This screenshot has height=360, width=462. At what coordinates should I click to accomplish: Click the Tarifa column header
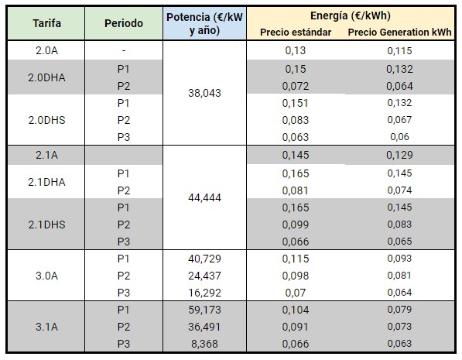[47, 23]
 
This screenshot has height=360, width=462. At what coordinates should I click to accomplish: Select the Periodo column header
[124, 23]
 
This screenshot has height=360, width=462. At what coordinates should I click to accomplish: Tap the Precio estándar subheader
[296, 33]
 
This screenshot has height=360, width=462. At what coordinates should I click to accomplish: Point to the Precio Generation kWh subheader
[399, 33]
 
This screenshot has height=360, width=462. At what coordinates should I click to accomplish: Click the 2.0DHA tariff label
[47, 77]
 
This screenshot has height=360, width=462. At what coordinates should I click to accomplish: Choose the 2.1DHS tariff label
[47, 225]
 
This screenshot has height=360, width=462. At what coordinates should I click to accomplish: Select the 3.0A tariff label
[47, 276]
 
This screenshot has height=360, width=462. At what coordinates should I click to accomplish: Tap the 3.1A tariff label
[47, 327]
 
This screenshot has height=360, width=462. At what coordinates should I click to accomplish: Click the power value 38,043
[204, 93]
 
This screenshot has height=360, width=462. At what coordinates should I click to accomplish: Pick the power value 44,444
[204, 197]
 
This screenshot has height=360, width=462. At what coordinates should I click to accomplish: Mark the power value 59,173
[204, 310]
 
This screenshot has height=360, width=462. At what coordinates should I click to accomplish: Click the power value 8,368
[204, 344]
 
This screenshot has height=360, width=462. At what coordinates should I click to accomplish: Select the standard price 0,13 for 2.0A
[296, 50]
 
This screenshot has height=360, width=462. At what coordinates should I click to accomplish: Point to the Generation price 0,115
[399, 51]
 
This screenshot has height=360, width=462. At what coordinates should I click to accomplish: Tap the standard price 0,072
[296, 86]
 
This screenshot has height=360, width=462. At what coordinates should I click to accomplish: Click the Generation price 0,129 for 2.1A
[399, 155]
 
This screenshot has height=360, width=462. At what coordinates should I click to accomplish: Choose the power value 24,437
[204, 276]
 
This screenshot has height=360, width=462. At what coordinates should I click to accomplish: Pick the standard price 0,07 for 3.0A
[296, 293]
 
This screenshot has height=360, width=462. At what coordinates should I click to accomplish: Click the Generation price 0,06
[399, 137]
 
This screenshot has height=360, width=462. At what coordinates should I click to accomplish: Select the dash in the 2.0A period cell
[124, 51]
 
